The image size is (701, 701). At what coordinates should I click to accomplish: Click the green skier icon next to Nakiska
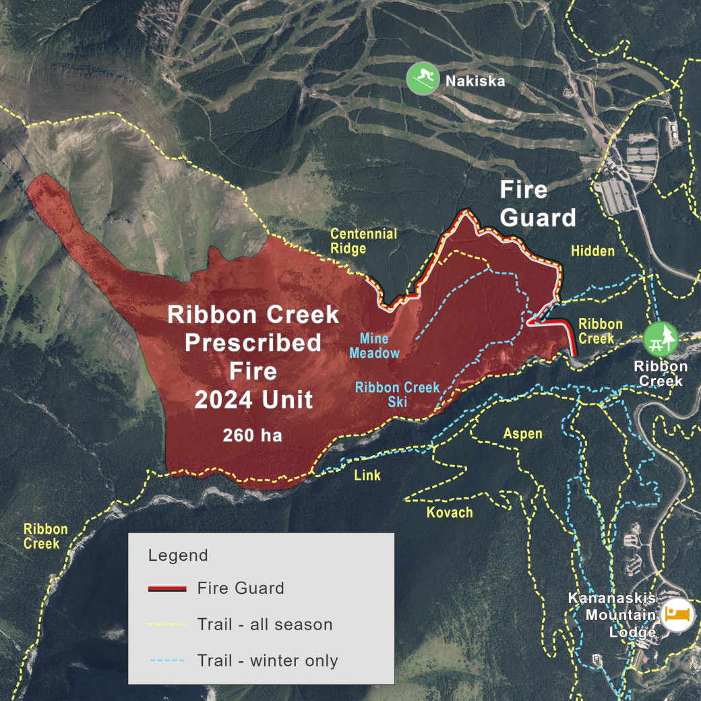(x=423, y=79)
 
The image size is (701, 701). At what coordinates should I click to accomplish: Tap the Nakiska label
(x=475, y=82)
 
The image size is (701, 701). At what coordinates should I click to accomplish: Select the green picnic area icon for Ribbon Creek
(x=660, y=338)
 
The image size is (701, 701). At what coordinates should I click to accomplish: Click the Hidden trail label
(x=593, y=251)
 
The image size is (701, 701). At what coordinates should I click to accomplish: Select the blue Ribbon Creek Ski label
(x=397, y=394)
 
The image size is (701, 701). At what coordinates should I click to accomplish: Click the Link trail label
(x=367, y=475)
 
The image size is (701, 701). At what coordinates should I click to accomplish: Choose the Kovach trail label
(x=450, y=512)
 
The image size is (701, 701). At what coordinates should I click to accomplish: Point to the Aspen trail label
(x=522, y=433)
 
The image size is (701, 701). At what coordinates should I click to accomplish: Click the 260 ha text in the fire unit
(x=253, y=435)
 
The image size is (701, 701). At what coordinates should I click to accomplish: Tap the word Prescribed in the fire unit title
(x=253, y=343)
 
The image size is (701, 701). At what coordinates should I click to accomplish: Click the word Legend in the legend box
(x=178, y=556)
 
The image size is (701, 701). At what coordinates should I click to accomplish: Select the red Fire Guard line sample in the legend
(x=166, y=588)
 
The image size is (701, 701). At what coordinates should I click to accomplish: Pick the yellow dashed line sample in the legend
(x=166, y=625)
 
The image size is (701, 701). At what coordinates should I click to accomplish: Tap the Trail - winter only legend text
(x=268, y=661)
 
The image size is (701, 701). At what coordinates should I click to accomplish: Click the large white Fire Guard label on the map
(x=537, y=204)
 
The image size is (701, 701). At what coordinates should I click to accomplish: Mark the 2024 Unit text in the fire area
(x=254, y=400)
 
